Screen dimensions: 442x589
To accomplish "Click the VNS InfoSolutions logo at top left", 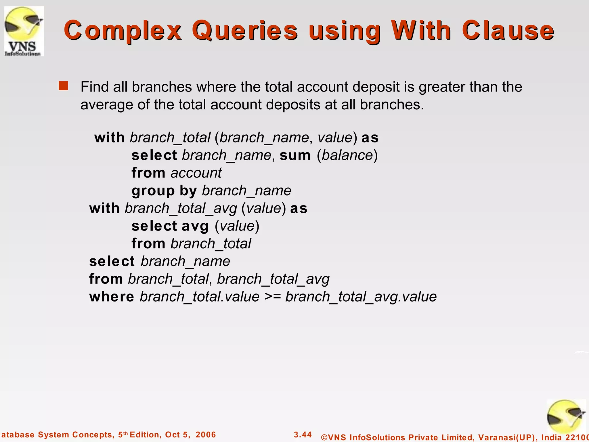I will [x=24, y=31].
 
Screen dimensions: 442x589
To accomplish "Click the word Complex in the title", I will [x=123, y=31].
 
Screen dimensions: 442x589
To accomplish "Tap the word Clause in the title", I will [x=508, y=31].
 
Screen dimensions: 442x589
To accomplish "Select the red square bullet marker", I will [x=63, y=86].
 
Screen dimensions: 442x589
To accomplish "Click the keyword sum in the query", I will [x=295, y=155].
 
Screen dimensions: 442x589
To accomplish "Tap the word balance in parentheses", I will [x=347, y=155].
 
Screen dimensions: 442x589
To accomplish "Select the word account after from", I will [x=196, y=173].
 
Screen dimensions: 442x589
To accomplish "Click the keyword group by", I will [x=164, y=191].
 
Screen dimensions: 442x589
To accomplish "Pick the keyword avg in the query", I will [x=195, y=226].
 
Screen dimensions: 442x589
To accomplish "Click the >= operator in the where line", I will [x=272, y=297].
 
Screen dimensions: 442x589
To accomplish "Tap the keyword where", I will [x=112, y=297].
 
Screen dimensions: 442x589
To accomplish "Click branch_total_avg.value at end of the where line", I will [x=361, y=297].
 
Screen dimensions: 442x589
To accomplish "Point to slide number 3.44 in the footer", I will [x=303, y=435].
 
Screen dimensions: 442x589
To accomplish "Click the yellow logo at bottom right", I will [x=566, y=417].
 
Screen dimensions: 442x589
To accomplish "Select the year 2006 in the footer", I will [x=206, y=435].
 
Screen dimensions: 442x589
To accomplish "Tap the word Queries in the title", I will [x=245, y=31].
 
